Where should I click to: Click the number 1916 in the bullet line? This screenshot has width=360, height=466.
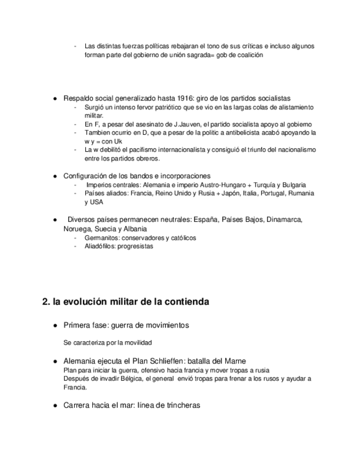coord(178,98)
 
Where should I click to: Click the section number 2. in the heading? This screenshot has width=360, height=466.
coord(46,302)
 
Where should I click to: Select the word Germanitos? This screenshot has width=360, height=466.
coord(101,238)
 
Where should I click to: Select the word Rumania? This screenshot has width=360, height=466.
coord(301,193)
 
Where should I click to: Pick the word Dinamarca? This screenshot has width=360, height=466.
coord(284,220)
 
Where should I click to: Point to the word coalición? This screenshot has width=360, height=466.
coord(250,55)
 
